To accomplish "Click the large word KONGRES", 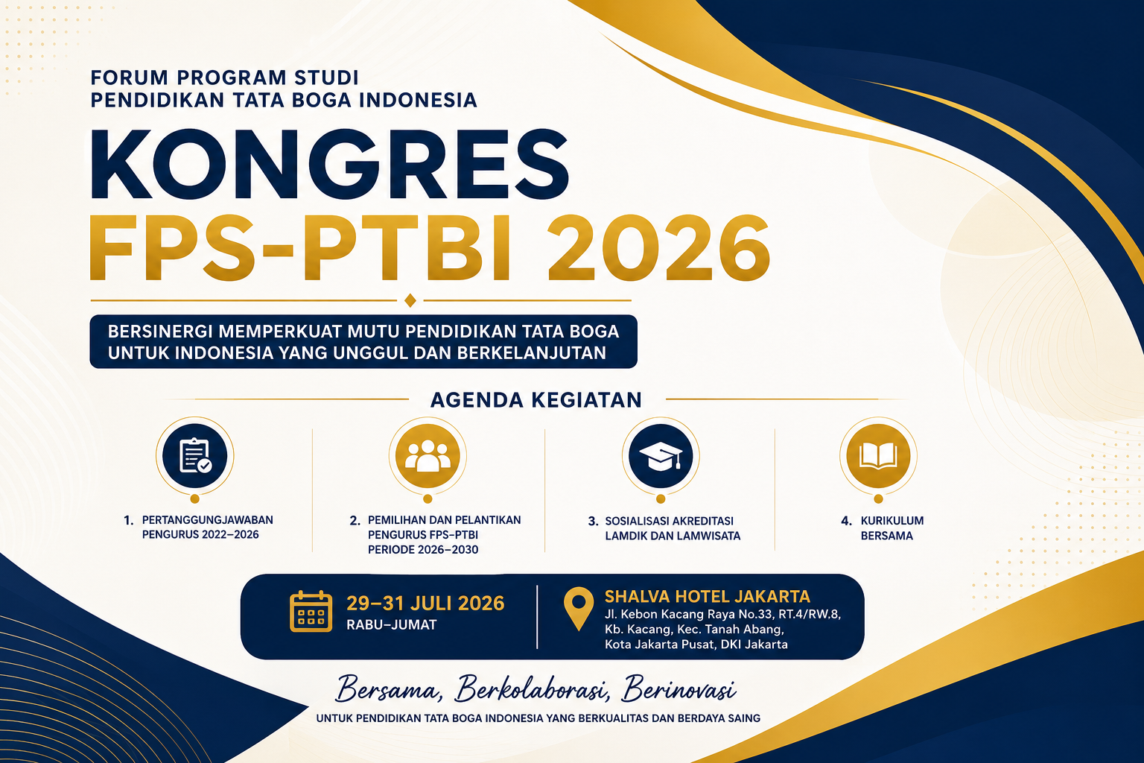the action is click(x=329, y=164).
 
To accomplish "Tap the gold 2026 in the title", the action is click(x=658, y=248).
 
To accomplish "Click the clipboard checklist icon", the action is click(x=195, y=456).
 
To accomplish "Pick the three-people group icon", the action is click(x=428, y=456).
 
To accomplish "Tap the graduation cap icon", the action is click(x=661, y=456).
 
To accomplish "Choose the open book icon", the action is click(x=878, y=456).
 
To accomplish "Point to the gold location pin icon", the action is click(x=579, y=609).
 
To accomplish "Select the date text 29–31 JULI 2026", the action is click(x=425, y=604).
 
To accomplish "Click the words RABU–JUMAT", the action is click(x=391, y=625).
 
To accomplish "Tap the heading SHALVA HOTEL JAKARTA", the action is click(x=708, y=596).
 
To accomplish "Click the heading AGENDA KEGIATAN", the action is click(x=536, y=400).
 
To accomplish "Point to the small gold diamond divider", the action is click(x=410, y=300).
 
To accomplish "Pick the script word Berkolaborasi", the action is click(x=531, y=689).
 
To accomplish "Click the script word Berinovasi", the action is click(x=679, y=689).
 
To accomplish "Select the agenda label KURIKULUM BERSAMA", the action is click(x=892, y=528).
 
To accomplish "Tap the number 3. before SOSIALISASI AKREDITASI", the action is click(x=593, y=522).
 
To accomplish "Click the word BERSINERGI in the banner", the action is click(x=160, y=332).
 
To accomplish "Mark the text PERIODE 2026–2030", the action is click(x=423, y=550).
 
